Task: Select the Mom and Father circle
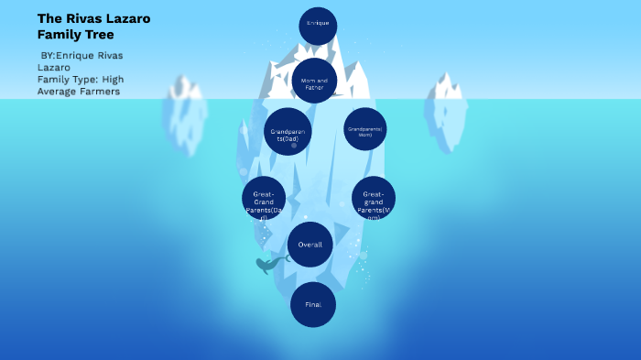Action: [x=314, y=81]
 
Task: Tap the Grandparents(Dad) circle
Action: [x=288, y=131]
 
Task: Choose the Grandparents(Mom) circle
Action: [x=364, y=129]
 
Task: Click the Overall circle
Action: [x=310, y=245]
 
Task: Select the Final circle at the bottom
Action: [x=313, y=304]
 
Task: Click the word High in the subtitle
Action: [x=113, y=79]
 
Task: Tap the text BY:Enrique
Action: [x=72, y=55]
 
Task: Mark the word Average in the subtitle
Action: [x=57, y=91]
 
